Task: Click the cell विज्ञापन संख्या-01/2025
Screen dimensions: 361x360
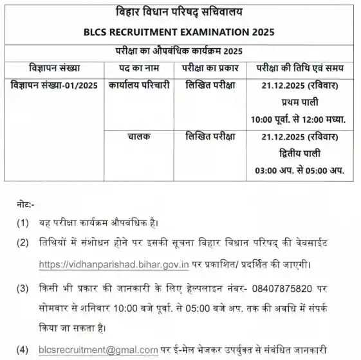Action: pos(54,85)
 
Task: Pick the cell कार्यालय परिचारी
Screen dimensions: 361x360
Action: pos(139,85)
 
